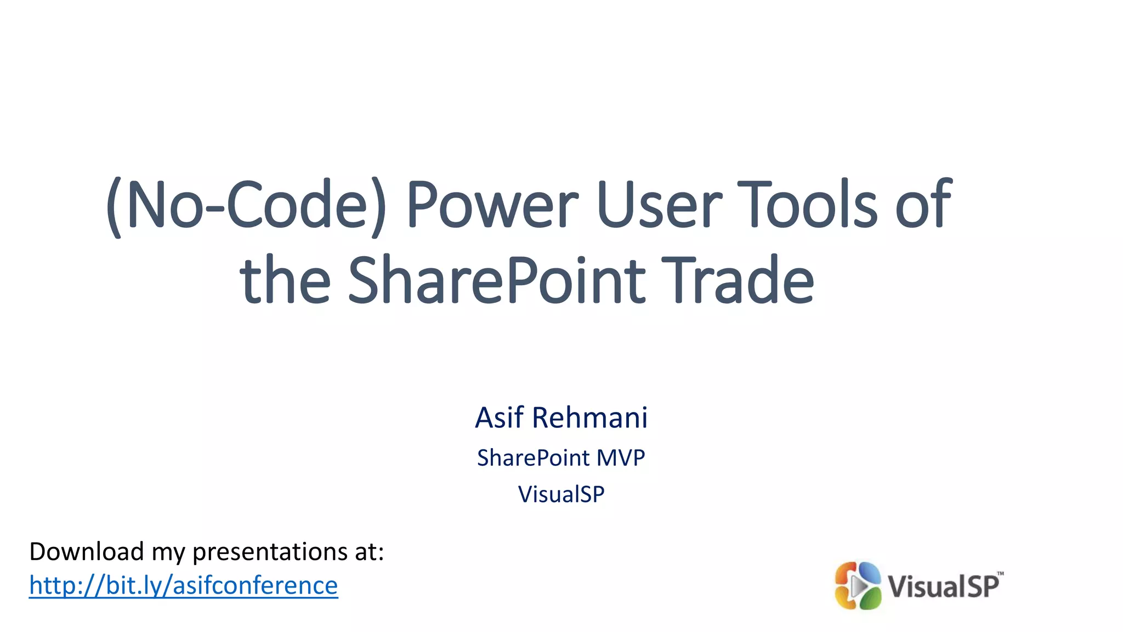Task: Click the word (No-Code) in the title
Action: click(x=246, y=205)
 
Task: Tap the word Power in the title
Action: click(x=492, y=205)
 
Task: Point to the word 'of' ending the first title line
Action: click(x=923, y=205)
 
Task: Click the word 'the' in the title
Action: click(x=285, y=281)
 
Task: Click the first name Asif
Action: click(x=498, y=417)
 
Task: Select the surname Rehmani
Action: click(x=590, y=417)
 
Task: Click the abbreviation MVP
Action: click(x=621, y=458)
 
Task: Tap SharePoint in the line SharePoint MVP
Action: click(x=533, y=458)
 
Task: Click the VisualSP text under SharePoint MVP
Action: click(x=561, y=494)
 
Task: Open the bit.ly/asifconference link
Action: click(x=183, y=585)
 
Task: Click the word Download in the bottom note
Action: click(x=86, y=551)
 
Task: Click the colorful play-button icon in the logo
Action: click(x=858, y=586)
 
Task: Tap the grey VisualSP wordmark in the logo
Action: click(x=943, y=586)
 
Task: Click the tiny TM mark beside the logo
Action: click(x=1001, y=574)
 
